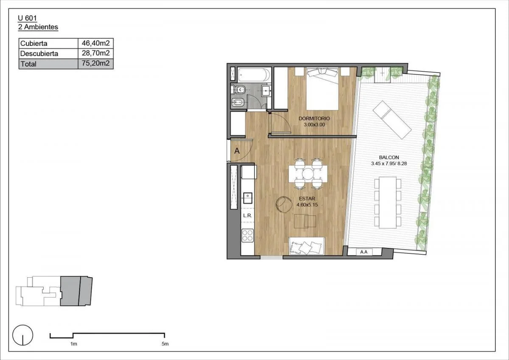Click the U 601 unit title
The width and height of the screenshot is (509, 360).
coord(27,18)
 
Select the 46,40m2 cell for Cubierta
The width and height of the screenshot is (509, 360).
coord(96,43)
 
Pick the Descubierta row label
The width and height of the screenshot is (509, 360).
coord(39,53)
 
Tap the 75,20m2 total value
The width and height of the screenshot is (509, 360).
coord(96,63)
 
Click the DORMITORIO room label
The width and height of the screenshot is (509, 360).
coord(314,118)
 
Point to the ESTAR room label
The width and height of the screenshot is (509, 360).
coord(307,199)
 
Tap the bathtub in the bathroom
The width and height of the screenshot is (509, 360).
coord(254,75)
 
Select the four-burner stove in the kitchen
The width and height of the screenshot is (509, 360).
coord(247,235)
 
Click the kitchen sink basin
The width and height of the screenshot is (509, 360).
coord(248,198)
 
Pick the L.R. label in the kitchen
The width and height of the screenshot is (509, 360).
coord(247,216)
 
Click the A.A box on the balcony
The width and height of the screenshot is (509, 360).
coord(364,252)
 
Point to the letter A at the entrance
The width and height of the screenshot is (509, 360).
coord(237,151)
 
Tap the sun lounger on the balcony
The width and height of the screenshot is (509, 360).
coord(392,120)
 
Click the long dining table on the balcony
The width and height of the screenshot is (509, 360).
coord(388,202)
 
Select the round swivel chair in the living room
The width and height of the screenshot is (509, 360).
coord(284,205)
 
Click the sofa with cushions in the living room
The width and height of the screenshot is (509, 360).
coord(307,246)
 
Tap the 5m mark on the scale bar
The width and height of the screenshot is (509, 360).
coord(165,344)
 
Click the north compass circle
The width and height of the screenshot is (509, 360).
coord(23,335)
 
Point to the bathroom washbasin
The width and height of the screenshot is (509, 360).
coord(266,91)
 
